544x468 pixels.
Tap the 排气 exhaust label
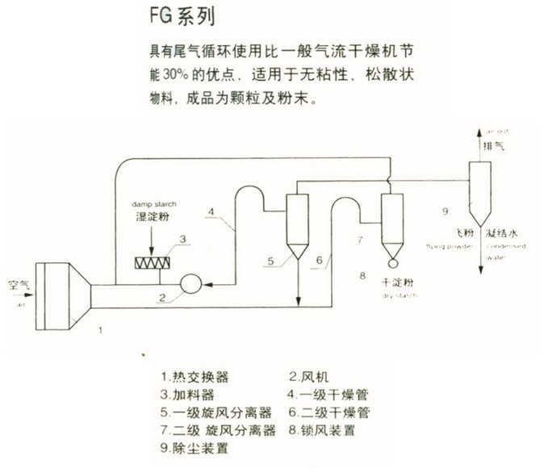(493, 147)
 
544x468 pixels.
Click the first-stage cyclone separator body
(298, 221)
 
